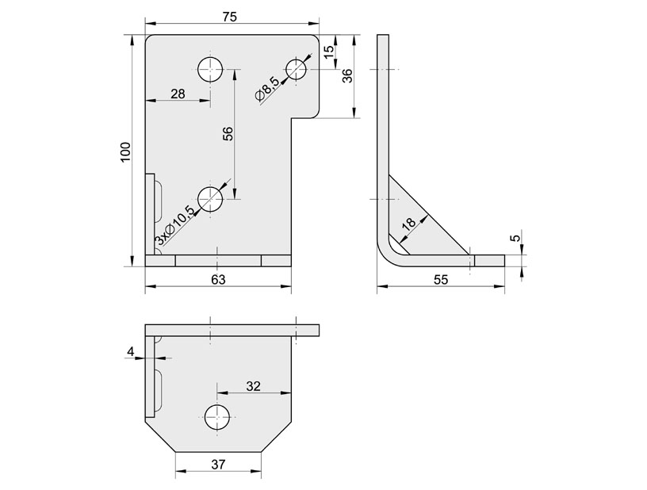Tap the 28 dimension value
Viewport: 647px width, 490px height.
point(178,94)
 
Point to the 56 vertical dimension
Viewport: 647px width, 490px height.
point(228,134)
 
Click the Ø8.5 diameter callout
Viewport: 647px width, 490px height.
point(267,88)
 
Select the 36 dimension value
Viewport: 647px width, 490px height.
point(346,76)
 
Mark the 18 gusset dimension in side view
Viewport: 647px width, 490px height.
point(409,224)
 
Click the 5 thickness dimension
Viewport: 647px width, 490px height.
point(515,239)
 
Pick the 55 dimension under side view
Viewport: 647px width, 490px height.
point(441,279)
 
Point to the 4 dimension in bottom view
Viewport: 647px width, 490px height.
point(131,351)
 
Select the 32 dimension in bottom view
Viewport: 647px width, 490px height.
point(253,386)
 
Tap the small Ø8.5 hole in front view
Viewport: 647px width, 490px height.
point(297,69)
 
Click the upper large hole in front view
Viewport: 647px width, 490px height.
point(211,69)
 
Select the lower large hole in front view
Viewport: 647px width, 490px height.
point(211,198)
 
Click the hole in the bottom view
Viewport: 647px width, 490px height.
point(217,416)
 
